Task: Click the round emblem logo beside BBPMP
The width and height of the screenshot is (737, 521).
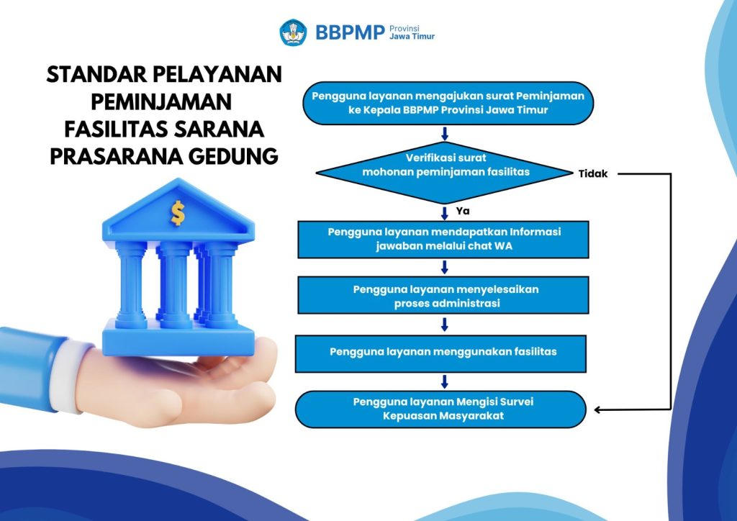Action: tap(294, 32)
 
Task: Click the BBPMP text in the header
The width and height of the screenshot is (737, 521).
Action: tap(351, 32)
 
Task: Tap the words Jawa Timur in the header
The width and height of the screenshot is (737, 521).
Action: tap(412, 37)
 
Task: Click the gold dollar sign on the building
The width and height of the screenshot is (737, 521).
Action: tap(178, 213)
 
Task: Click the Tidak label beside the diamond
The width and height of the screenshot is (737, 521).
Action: tap(593, 174)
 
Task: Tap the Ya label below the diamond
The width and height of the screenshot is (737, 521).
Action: tap(463, 211)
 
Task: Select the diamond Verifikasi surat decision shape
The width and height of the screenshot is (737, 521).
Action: tap(445, 173)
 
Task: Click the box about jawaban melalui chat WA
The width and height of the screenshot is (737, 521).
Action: tap(443, 240)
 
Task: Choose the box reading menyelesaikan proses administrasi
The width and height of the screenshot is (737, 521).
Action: tap(443, 295)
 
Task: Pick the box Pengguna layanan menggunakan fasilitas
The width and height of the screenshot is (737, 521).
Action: tap(441, 354)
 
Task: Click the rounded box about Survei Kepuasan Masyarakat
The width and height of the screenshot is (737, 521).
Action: tap(441, 409)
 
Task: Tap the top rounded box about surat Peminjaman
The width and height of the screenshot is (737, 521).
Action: tap(448, 103)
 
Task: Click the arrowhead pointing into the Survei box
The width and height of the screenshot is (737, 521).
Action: tap(598, 409)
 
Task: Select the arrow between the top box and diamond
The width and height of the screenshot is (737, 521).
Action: tap(445, 133)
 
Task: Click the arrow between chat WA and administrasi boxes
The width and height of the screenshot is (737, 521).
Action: tap(445, 267)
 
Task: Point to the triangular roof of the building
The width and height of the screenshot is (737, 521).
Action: tap(178, 210)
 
